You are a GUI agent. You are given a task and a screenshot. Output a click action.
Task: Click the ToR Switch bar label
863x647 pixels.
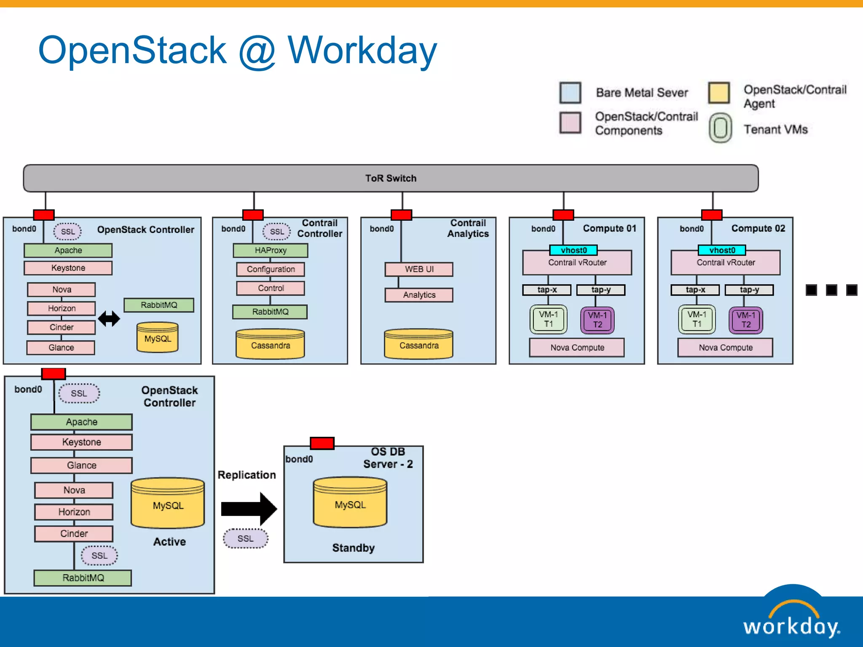click(391, 178)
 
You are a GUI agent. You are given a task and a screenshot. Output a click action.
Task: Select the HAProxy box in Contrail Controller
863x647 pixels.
click(271, 251)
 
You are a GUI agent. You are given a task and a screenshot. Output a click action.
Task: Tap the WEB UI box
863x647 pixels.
click(419, 269)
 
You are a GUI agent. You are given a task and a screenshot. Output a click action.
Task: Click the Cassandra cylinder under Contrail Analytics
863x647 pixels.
click(418, 345)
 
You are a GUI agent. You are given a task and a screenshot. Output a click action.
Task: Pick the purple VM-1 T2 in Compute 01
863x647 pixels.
click(597, 320)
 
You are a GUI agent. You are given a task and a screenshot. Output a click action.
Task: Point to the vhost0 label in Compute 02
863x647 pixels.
click(722, 250)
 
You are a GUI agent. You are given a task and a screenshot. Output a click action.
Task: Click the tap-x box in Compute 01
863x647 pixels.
click(547, 290)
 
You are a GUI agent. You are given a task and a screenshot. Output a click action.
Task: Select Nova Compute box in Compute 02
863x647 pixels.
click(725, 348)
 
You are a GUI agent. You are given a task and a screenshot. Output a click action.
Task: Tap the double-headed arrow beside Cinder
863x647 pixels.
click(109, 318)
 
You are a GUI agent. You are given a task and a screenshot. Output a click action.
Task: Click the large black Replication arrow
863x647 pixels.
click(249, 509)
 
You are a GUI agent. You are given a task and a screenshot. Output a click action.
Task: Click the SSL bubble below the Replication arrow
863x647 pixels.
click(245, 538)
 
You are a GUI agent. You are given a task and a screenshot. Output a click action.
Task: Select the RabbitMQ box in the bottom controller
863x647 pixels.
click(83, 578)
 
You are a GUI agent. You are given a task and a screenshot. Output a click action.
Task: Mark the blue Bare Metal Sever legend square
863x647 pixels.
click(570, 93)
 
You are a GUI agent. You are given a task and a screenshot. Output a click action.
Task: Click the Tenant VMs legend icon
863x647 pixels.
click(720, 128)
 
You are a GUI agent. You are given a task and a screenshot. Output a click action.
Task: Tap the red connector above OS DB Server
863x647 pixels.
click(322, 443)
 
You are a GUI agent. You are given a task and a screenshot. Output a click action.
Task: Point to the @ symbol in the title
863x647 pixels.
click(257, 51)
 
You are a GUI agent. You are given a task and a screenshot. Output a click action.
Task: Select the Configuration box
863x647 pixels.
click(271, 269)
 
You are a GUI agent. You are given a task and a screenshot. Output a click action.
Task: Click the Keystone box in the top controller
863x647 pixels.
click(68, 268)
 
